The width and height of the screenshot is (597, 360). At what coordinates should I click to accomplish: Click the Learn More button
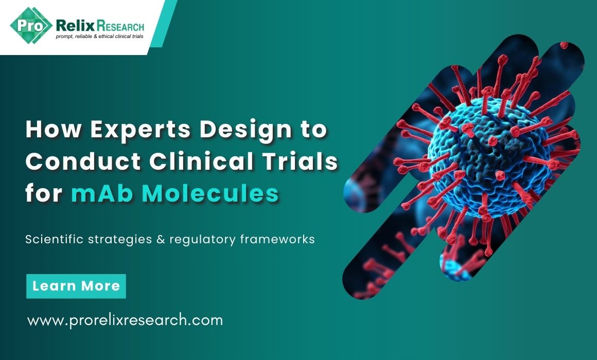76,286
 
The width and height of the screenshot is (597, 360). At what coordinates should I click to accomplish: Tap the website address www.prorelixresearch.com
125,320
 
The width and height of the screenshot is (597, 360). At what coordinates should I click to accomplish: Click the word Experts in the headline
141,130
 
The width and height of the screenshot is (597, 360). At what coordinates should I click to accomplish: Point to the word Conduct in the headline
83,161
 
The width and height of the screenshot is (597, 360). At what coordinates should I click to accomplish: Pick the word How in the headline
54,130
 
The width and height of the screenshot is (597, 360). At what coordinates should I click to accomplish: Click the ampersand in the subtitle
160,240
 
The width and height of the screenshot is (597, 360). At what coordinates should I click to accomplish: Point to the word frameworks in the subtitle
277,239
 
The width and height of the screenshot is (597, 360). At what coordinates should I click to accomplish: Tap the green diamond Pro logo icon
30,26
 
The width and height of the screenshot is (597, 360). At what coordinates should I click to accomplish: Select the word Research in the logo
120,26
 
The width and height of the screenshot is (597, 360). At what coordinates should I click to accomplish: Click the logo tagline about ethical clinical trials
100,37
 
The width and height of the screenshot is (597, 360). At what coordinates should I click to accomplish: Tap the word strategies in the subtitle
119,240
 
